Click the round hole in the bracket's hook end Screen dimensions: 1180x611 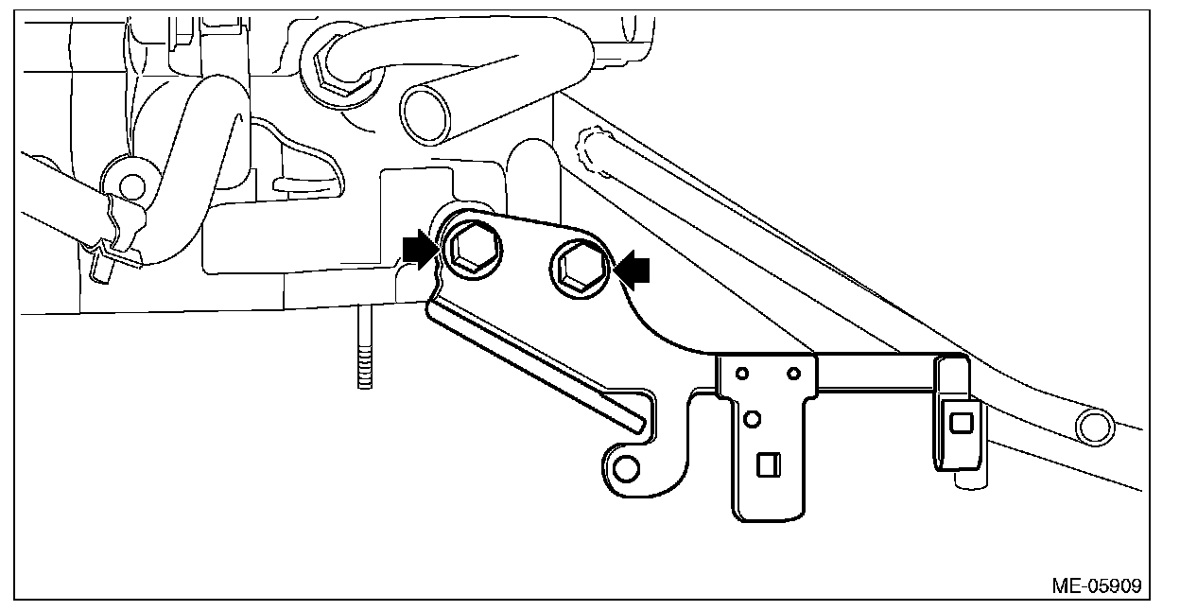click(624, 467)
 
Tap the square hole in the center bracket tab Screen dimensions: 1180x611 click(769, 465)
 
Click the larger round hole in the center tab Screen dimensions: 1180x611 click(753, 417)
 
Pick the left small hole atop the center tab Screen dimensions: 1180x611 click(744, 371)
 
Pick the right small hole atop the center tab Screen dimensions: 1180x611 click(793, 371)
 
